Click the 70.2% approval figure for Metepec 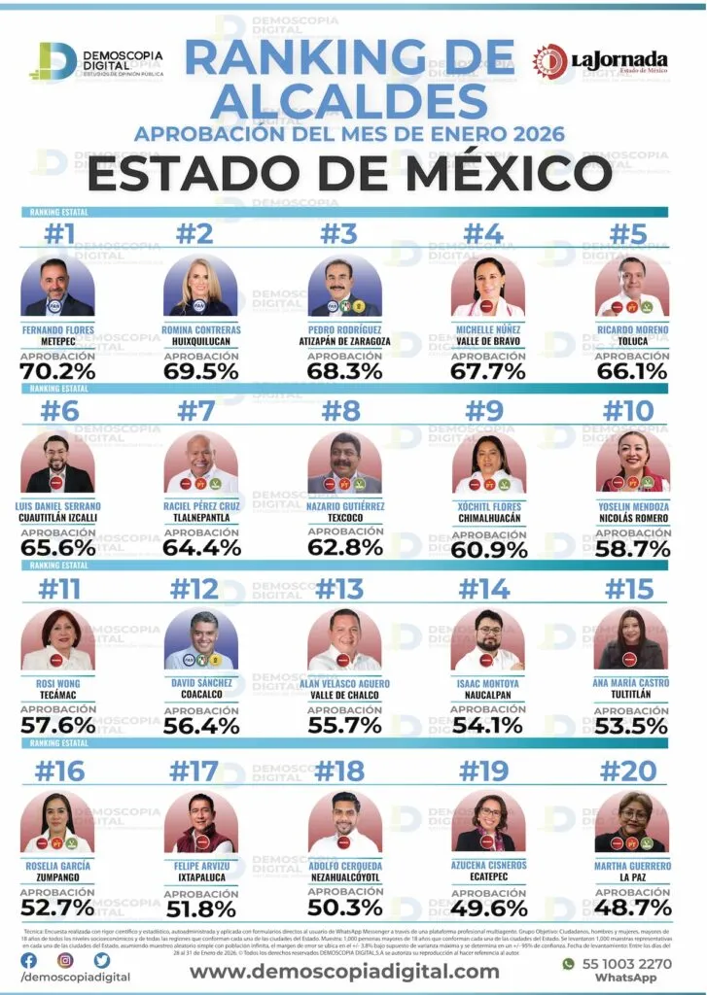58,370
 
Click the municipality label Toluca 633,341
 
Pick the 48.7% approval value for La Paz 633,908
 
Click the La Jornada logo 600,62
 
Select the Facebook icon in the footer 29,961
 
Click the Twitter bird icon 102,961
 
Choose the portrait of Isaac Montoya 488,641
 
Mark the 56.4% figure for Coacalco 202,725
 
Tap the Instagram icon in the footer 65,961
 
